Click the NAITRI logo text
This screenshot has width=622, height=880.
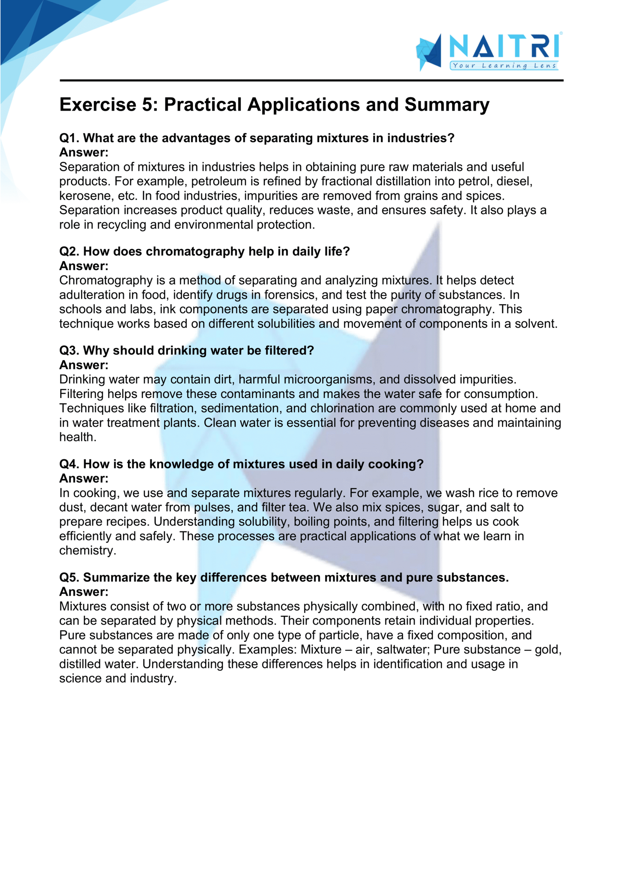(x=504, y=46)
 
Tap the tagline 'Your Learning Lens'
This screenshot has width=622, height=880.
(x=504, y=66)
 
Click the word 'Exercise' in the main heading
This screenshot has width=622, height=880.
(x=98, y=105)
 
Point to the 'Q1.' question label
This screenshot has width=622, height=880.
(x=69, y=138)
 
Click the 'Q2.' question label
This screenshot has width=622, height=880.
(x=69, y=252)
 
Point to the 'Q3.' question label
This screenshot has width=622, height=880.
(x=69, y=351)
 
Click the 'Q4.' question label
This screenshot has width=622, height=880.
(x=69, y=464)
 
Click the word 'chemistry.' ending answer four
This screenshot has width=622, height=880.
(x=87, y=551)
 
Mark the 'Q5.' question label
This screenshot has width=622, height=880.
(x=69, y=578)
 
